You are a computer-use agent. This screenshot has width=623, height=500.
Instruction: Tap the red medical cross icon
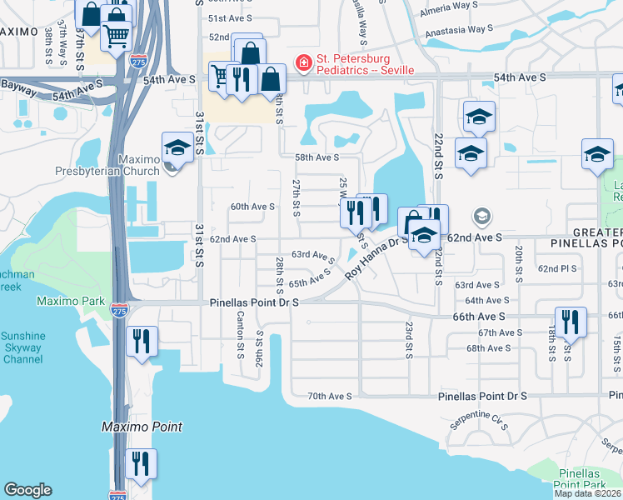(304, 60)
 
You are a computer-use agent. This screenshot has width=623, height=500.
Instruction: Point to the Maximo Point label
(142, 427)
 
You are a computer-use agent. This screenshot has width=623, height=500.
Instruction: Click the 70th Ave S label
(330, 397)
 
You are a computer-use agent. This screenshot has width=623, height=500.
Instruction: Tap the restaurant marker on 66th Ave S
(571, 322)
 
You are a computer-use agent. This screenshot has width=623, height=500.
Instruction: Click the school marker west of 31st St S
(177, 147)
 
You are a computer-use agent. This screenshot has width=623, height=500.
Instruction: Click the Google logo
(27, 490)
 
